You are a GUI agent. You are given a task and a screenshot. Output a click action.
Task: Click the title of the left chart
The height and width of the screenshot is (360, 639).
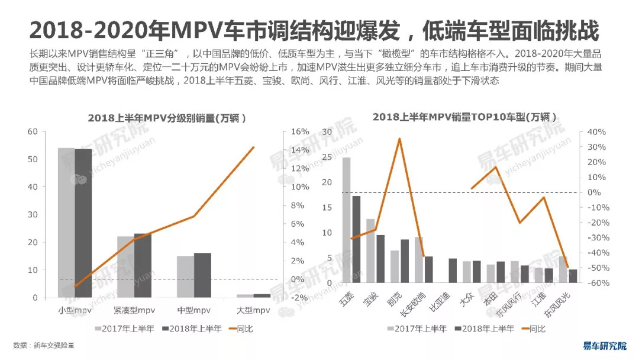(x=167, y=118)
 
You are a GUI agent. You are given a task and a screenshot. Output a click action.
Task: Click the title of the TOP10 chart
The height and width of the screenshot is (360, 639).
(x=465, y=117)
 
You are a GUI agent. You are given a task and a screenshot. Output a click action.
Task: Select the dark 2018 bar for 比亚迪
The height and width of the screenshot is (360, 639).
(x=453, y=278)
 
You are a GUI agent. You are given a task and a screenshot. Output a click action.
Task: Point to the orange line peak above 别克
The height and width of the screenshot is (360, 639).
(x=399, y=139)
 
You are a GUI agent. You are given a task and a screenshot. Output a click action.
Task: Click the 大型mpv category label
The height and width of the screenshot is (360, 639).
(x=253, y=310)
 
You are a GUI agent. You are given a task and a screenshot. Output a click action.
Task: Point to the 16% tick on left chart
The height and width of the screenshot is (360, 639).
(x=301, y=131)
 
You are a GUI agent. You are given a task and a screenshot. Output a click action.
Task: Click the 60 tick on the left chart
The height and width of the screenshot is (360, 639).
(x=33, y=131)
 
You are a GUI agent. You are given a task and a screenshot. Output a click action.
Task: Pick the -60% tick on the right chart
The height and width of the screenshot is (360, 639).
(x=595, y=283)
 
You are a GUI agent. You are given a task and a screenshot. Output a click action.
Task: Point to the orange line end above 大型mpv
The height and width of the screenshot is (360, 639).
(x=254, y=147)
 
